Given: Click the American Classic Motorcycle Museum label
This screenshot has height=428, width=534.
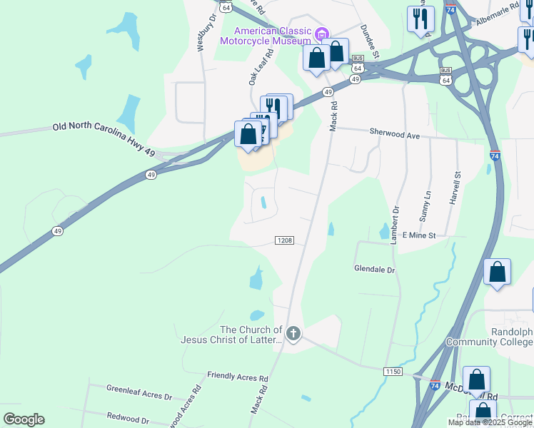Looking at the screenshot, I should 274,36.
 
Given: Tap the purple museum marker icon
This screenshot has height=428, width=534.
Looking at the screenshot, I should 322,33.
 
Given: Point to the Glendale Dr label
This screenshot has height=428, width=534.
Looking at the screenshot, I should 375,270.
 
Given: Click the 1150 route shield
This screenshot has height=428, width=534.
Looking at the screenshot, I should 393,372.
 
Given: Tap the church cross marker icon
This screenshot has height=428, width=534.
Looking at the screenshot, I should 293,333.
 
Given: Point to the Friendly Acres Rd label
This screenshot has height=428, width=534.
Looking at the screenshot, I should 238,376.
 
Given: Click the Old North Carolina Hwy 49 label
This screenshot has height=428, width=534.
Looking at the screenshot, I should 104,130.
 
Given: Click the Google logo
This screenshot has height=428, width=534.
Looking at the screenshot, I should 24,419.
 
